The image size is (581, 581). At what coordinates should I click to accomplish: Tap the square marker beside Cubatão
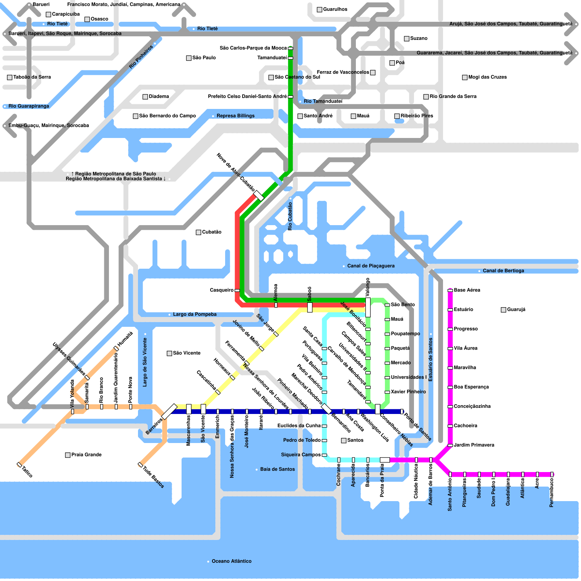[198, 232]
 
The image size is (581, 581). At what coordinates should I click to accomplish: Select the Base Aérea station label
[467, 290]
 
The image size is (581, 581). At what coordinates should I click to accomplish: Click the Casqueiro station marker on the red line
[237, 290]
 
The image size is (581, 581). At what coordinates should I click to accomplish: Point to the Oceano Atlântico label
[231, 561]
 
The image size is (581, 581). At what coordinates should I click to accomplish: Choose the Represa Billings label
[235, 116]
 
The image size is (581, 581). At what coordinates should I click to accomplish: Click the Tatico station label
[27, 472]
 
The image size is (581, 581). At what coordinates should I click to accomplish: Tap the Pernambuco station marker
[552, 474]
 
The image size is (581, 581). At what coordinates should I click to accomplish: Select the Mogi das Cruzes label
[487, 77]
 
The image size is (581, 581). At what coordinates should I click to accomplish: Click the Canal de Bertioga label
[503, 271]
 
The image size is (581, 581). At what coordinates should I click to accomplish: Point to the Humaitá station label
[125, 339]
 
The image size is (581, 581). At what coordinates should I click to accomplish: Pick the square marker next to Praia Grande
[68, 455]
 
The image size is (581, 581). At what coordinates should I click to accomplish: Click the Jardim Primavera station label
[474, 445]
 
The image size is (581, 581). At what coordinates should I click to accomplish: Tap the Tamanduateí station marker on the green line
[290, 58]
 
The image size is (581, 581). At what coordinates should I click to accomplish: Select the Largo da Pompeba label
[195, 314]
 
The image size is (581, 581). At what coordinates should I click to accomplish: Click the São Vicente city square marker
[169, 353]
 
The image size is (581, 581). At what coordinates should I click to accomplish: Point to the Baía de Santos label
[277, 469]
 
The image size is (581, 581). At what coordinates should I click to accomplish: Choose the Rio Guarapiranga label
[29, 106]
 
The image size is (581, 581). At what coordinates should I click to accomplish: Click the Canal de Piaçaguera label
[371, 266]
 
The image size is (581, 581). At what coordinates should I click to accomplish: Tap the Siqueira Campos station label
[301, 455]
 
